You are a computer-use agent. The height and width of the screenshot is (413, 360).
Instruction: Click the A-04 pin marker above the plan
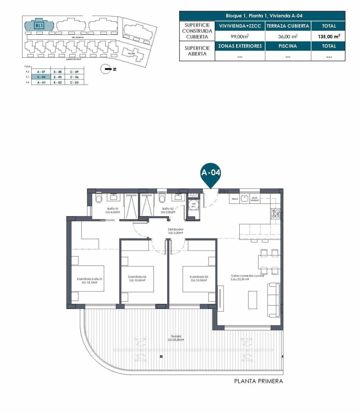point(210,173)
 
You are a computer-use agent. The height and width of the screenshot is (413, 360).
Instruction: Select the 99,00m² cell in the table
point(240,36)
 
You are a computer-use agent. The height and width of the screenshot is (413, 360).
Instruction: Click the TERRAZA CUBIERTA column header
point(288,26)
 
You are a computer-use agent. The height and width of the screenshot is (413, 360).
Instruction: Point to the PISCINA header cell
point(288,46)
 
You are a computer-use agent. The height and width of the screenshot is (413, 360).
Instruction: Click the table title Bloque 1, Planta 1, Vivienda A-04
point(262,16)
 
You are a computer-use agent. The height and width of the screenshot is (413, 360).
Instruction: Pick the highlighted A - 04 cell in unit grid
point(41,77)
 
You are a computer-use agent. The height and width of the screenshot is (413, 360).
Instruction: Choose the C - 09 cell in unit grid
point(74,72)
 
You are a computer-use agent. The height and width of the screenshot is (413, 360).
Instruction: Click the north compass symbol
point(105,69)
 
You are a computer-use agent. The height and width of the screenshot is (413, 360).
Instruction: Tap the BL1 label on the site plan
point(39,25)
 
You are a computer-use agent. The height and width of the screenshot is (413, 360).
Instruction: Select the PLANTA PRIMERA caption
point(258,381)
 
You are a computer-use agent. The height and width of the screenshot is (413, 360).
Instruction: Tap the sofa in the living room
point(274,300)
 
